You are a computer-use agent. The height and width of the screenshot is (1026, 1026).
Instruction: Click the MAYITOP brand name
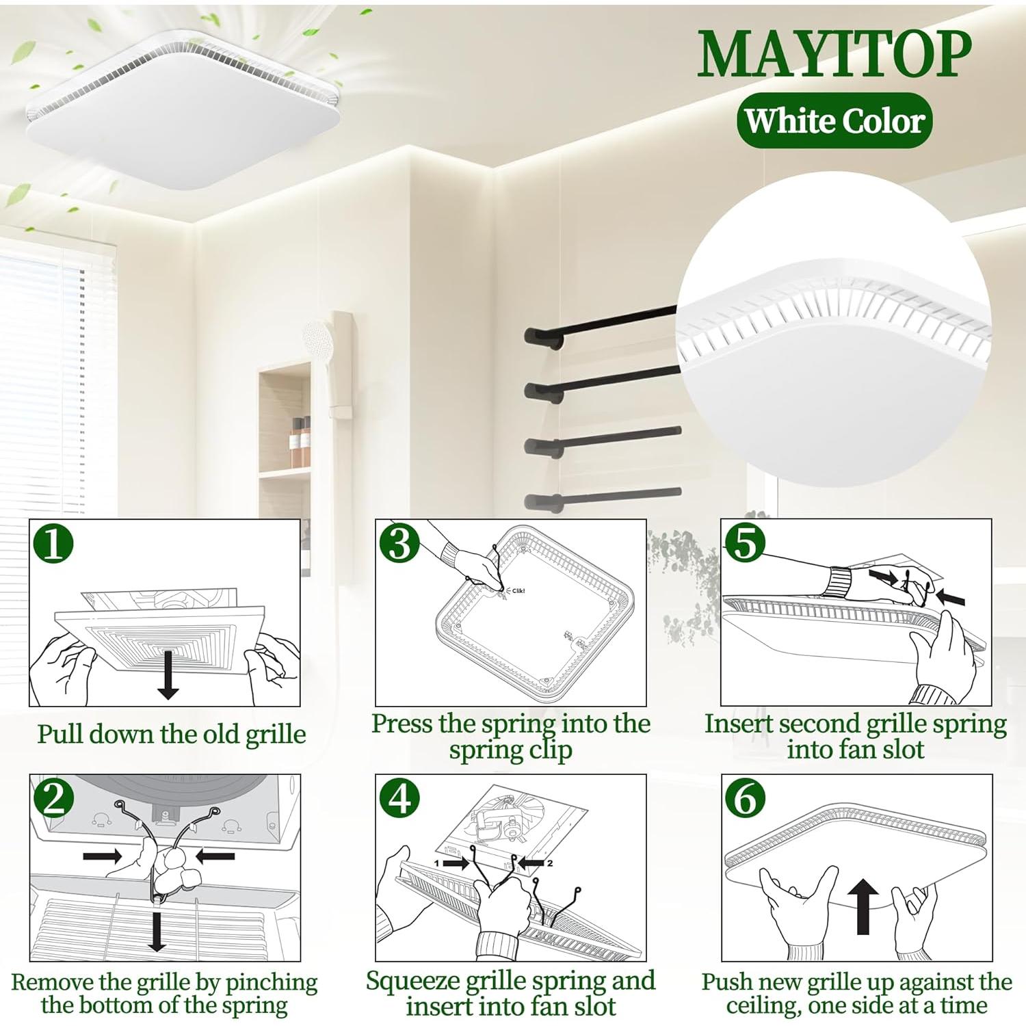tap(834, 54)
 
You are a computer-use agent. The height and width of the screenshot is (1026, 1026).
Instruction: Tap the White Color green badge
tap(834, 121)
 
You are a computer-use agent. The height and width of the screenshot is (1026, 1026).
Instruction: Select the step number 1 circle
tap(54, 545)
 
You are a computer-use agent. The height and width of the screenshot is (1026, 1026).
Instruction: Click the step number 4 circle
tap(400, 798)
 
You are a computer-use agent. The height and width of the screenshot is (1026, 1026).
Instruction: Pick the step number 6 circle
tap(746, 798)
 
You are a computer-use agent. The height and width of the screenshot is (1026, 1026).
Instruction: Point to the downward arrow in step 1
tap(168, 676)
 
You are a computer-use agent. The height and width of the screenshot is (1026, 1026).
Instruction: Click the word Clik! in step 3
tap(518, 591)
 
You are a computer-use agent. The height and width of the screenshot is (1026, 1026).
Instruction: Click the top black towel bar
tap(602, 325)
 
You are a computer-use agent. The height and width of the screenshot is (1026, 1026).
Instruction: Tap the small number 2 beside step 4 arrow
tap(549, 863)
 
